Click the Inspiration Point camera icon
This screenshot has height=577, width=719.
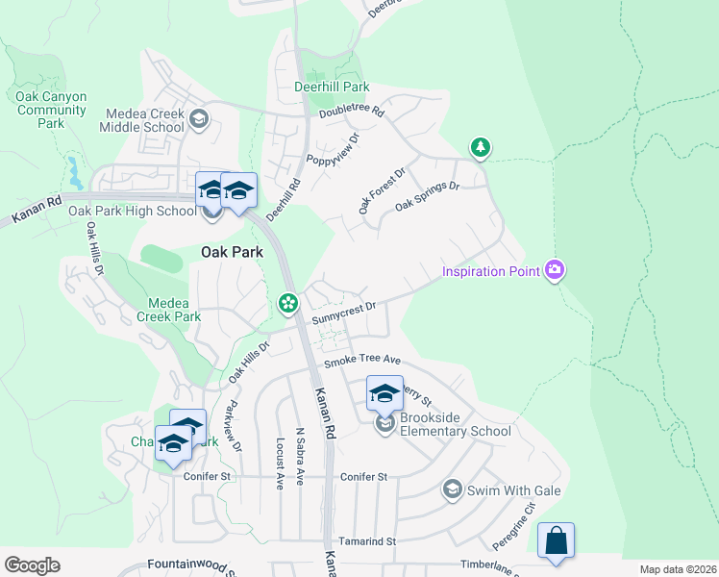point(554,270)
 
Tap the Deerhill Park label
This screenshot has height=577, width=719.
point(331,87)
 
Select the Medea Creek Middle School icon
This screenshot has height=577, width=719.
point(199,120)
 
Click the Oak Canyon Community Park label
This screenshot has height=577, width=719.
point(52,110)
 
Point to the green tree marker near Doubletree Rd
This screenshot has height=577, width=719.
point(480,148)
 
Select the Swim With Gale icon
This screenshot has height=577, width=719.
point(451,489)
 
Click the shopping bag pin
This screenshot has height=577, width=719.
point(557,541)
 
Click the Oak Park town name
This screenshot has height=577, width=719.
point(232,252)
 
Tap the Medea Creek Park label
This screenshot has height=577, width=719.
point(168,309)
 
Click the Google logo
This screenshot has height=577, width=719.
point(32,565)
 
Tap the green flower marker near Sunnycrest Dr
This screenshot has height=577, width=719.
point(287,304)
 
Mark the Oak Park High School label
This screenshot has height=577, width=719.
point(132,211)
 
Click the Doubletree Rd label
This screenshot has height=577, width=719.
point(352,113)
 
